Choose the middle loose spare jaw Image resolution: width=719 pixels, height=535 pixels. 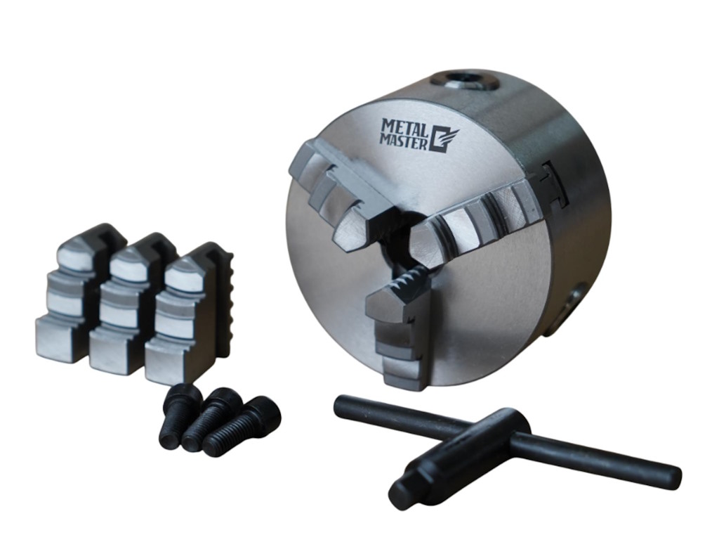click(133, 303)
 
